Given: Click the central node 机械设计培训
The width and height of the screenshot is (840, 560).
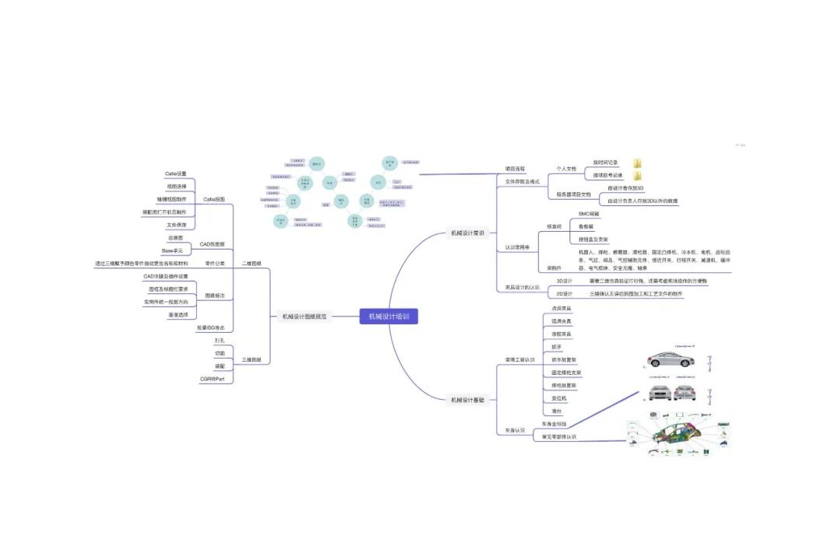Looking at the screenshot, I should pyautogui.click(x=389, y=316).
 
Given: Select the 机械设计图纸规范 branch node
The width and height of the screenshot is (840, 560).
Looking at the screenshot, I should pyautogui.click(x=304, y=317).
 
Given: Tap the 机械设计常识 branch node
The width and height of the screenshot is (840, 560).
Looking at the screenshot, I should pyautogui.click(x=468, y=232).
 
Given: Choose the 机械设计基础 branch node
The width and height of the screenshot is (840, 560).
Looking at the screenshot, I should pyautogui.click(x=468, y=400).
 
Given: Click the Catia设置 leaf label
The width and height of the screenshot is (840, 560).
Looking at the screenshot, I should pyautogui.click(x=176, y=173).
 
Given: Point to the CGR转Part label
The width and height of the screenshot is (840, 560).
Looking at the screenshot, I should pyautogui.click(x=212, y=379).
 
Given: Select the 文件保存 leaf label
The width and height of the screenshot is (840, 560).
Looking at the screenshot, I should pyautogui.click(x=177, y=225).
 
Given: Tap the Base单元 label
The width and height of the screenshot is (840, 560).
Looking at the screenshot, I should pyautogui.click(x=172, y=250).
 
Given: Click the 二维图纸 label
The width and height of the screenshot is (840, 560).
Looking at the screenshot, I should pyautogui.click(x=251, y=263).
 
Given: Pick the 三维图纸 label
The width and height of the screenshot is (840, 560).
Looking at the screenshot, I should pyautogui.click(x=251, y=360).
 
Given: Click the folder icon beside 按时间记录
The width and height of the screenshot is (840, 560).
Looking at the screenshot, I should pyautogui.click(x=637, y=163).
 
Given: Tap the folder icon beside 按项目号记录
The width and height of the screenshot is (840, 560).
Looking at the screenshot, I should pyautogui.click(x=637, y=176).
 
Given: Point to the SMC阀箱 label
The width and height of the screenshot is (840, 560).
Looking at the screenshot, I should pyautogui.click(x=589, y=213).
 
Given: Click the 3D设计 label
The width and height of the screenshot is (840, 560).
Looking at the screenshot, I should pyautogui.click(x=565, y=281).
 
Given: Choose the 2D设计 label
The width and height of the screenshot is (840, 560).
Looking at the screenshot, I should pyautogui.click(x=565, y=294).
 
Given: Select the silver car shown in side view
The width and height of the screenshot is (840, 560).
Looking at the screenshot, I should pyautogui.click(x=671, y=360).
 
